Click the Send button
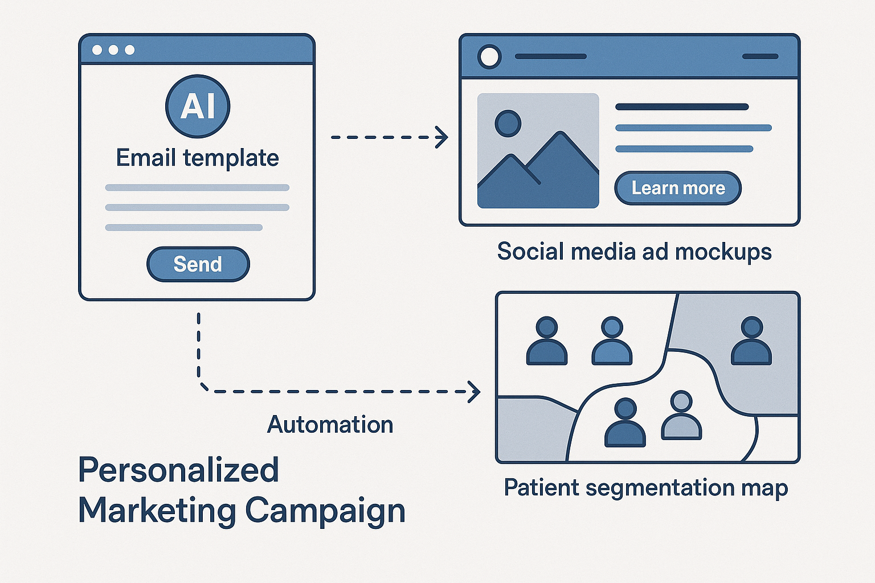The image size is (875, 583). pyautogui.click(x=198, y=264)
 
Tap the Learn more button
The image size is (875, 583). pyautogui.click(x=678, y=188)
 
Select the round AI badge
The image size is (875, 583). pyautogui.click(x=198, y=106)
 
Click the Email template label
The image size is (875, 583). pyautogui.click(x=197, y=158)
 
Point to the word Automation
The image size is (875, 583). pyautogui.click(x=330, y=425)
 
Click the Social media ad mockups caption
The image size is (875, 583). pyautogui.click(x=634, y=252)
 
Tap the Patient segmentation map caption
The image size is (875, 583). pyautogui.click(x=646, y=488)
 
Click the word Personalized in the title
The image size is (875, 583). pyautogui.click(x=178, y=470)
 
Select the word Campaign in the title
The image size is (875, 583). pyautogui.click(x=325, y=511)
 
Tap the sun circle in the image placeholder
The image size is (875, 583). pyautogui.click(x=508, y=123)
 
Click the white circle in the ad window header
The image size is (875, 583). pyautogui.click(x=489, y=56)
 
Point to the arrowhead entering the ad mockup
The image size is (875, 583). pyautogui.click(x=442, y=137)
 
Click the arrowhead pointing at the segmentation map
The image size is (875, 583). pyautogui.click(x=475, y=392)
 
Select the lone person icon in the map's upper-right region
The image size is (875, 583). pyautogui.click(x=751, y=341)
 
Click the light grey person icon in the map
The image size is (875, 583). pyautogui.click(x=681, y=416)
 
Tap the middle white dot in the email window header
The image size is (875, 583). pyautogui.click(x=113, y=50)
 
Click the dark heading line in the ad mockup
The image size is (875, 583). pyautogui.click(x=682, y=107)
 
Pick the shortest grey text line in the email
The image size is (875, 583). pyautogui.click(x=183, y=228)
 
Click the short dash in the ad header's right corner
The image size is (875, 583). pyautogui.click(x=760, y=56)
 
